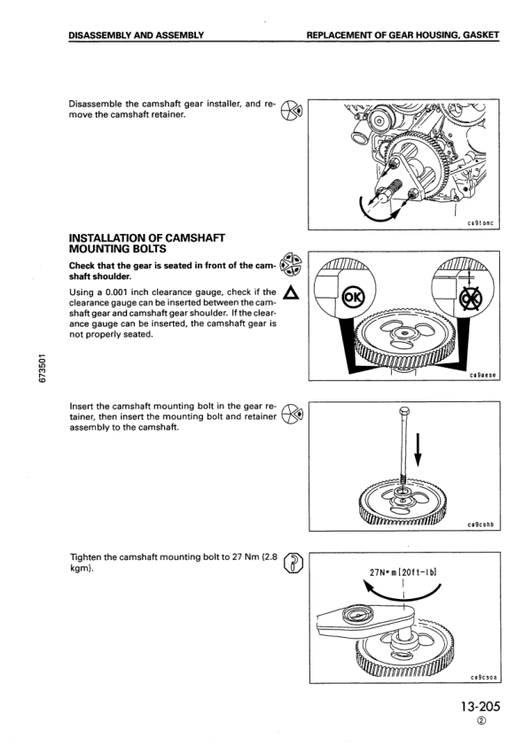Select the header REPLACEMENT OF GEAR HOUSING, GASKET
[x=403, y=35]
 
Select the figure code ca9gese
[x=482, y=375]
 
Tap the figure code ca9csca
[x=482, y=677]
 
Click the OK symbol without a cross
[x=353, y=297]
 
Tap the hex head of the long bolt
[x=403, y=412]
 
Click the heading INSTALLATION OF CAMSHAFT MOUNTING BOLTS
[x=147, y=244]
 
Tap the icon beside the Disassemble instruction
[x=292, y=111]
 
